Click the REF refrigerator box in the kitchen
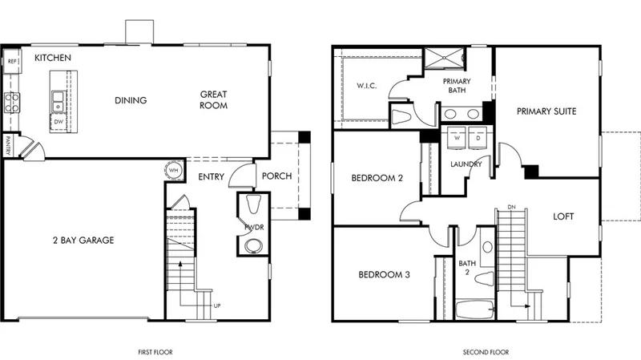point(12,61)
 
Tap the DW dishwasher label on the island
point(58,122)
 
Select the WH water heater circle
point(173,170)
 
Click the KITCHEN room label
point(53,58)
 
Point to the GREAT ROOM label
point(213,99)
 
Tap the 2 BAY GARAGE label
point(83,241)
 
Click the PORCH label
point(276,176)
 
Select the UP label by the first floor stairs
point(217,305)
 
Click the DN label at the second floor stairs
point(511,207)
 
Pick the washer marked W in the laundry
point(457,138)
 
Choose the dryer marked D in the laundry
point(478,138)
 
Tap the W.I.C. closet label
point(367,86)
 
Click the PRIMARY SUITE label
point(546,111)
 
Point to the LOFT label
point(563,216)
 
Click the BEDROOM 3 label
point(385,274)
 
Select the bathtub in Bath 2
point(474,309)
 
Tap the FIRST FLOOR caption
point(155,352)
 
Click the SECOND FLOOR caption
point(486,352)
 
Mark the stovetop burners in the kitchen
point(12,103)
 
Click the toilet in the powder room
point(253,204)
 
